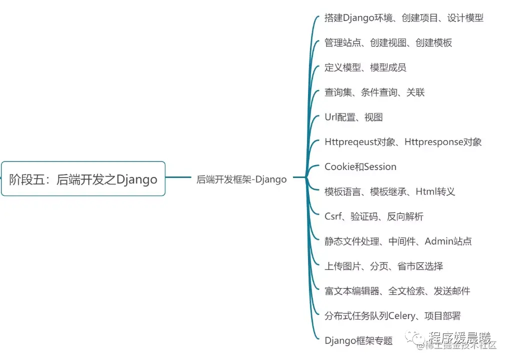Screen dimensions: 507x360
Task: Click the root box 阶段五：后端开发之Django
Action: tap(83, 179)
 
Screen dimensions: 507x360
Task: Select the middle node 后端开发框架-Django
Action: tap(241, 179)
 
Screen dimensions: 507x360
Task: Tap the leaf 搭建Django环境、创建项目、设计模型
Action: tap(404, 18)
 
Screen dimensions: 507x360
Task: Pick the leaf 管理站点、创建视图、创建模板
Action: tap(388, 43)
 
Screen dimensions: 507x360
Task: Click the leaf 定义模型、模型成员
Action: tap(365, 67)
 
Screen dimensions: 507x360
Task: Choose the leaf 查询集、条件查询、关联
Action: tap(374, 92)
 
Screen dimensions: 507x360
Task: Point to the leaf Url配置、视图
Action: tap(353, 117)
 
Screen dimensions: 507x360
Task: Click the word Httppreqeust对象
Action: tap(358, 142)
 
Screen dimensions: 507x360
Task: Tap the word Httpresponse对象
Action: tap(443, 142)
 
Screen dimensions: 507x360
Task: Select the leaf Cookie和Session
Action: tap(360, 167)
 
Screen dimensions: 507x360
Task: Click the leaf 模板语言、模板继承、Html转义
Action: tap(389, 191)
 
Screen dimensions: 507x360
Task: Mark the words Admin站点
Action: tap(448, 241)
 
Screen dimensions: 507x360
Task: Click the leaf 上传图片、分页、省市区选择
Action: tap(383, 266)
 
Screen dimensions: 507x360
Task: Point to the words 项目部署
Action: tap(442, 316)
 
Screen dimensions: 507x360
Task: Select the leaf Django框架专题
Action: tap(358, 341)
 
